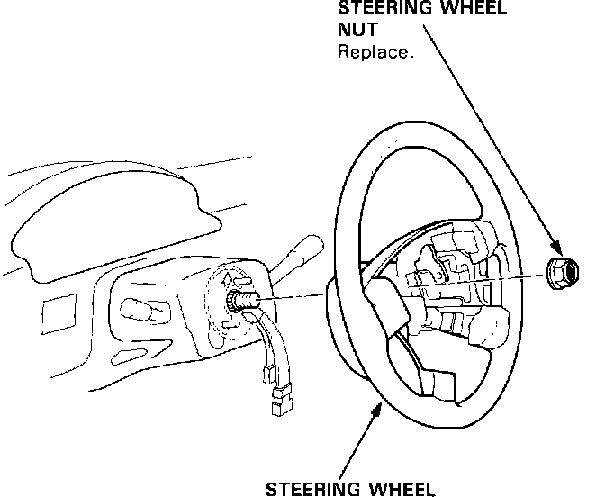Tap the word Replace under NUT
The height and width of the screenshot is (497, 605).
[375, 51]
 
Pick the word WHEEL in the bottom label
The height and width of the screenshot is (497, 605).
[402, 489]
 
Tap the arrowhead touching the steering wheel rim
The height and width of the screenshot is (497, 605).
[376, 407]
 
